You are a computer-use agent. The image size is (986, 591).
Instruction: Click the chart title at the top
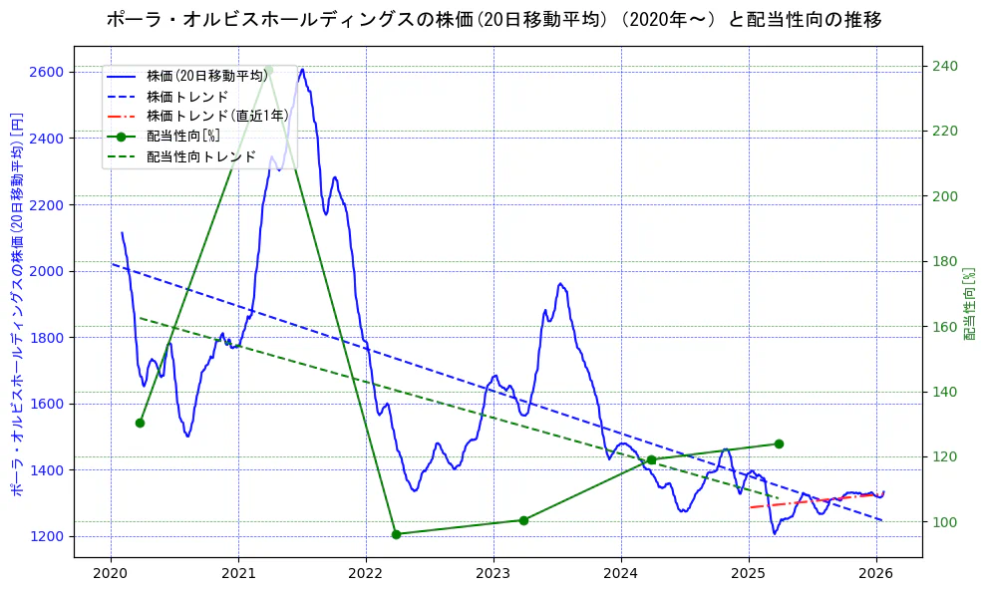tap(493, 20)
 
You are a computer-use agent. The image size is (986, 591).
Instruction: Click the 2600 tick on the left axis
tap(48, 72)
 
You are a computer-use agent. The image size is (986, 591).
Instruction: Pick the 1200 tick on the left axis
tap(48, 536)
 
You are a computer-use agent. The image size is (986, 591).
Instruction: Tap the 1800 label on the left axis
tap(48, 338)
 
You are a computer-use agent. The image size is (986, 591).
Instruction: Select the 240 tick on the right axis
tap(944, 66)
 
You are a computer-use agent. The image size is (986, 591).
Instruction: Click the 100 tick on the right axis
tap(944, 522)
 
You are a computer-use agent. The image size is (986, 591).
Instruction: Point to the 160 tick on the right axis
tap(944, 327)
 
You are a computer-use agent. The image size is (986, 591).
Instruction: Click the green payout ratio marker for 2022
tap(396, 534)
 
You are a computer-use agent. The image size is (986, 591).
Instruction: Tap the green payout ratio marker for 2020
tap(140, 423)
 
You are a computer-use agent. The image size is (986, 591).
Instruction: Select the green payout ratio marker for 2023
tap(523, 520)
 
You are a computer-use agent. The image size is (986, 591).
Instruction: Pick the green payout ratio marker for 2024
tap(651, 459)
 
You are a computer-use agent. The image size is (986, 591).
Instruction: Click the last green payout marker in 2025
tap(779, 443)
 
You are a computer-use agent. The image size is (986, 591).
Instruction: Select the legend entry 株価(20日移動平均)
tap(206, 75)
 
